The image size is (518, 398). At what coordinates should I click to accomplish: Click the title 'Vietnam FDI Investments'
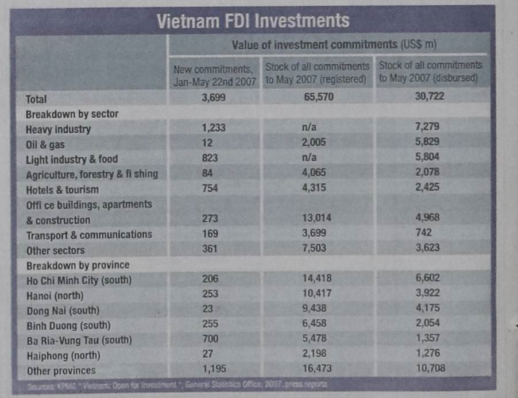tap(253, 21)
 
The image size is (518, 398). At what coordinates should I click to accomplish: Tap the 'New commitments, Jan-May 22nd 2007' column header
tap(214, 75)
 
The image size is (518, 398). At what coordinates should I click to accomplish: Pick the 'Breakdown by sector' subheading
tap(72, 114)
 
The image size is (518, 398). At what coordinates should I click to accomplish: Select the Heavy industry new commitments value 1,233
tap(214, 129)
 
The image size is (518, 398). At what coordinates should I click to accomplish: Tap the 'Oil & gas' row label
tap(45, 144)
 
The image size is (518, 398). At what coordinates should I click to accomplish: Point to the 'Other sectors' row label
tap(55, 250)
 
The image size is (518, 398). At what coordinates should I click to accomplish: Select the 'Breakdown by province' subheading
tap(78, 265)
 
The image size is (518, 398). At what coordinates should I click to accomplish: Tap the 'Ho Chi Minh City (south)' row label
tap(79, 281)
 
